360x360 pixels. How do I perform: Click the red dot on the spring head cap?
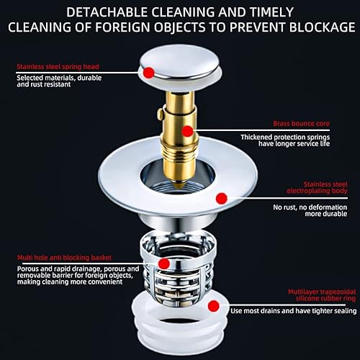pyautogui.click(x=148, y=73)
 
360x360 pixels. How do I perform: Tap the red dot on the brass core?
pyautogui.click(x=187, y=131)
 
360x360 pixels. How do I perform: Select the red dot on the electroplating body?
pyautogui.click(x=222, y=197)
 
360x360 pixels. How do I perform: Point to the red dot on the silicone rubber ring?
pyautogui.click(x=213, y=306)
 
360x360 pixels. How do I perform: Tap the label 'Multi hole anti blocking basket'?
pyautogui.click(x=63, y=257)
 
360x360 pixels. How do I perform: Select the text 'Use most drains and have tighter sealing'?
pyautogui.click(x=292, y=312)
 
